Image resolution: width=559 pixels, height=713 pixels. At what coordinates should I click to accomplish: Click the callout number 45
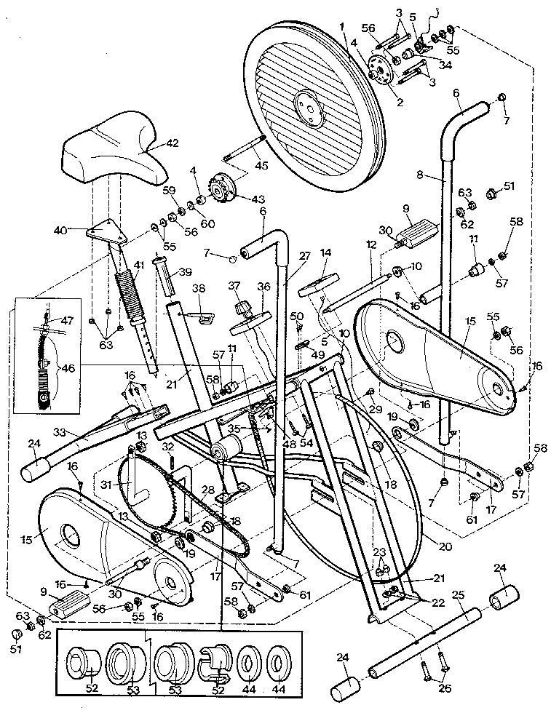pyautogui.click(x=261, y=165)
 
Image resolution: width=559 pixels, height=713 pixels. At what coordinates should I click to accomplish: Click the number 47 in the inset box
pyautogui.click(x=67, y=320)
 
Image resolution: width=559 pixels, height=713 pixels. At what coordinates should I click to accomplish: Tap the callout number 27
pyautogui.click(x=304, y=256)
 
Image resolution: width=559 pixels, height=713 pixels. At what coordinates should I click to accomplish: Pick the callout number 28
pyautogui.click(x=207, y=490)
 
